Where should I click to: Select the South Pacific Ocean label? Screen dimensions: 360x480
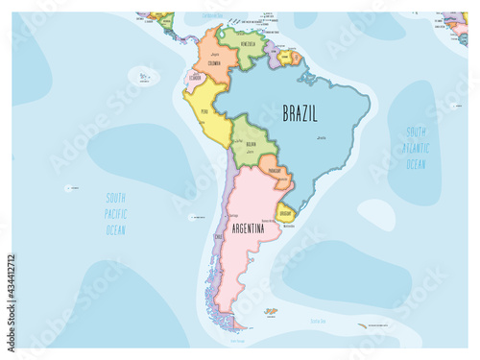point(117,214)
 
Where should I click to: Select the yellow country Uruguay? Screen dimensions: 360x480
point(285,211)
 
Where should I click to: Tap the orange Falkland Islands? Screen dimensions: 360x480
point(271,311)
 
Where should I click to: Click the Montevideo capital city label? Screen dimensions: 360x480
point(290,227)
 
